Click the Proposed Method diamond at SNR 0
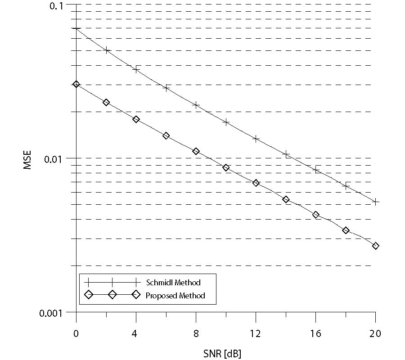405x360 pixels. [x=76, y=84]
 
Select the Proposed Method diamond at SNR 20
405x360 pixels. [x=376, y=246]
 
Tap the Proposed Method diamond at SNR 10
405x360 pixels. [x=226, y=168]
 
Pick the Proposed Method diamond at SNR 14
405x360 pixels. [x=286, y=199]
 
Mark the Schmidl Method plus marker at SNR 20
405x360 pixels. [x=376, y=202]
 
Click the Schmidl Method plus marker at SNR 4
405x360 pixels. [x=136, y=69]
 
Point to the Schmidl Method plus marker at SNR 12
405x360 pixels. [x=256, y=139]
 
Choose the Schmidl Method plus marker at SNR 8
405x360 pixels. [x=196, y=105]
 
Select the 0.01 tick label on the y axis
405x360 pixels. [x=57, y=158]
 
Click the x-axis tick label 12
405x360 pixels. [x=256, y=333]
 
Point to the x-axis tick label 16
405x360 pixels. [x=315, y=333]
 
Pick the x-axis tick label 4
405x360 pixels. [x=136, y=333]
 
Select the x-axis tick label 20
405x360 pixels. [x=375, y=333]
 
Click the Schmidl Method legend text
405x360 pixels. [x=173, y=283]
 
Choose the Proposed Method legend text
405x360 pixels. [x=175, y=296]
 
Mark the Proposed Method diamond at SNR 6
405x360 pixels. [x=166, y=135]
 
